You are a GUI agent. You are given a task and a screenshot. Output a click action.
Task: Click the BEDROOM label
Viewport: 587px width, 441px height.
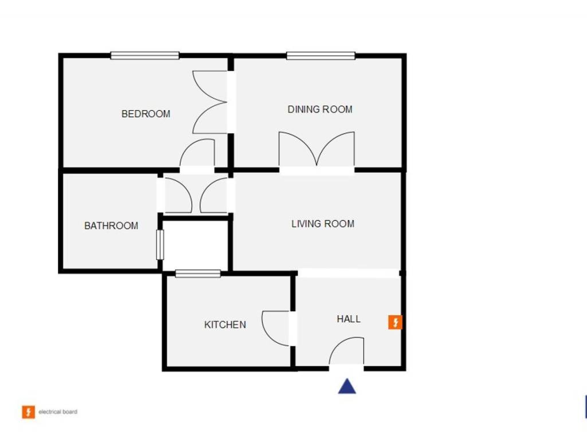tap(146, 114)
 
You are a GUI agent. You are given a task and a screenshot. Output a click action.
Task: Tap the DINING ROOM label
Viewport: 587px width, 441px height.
tap(320, 109)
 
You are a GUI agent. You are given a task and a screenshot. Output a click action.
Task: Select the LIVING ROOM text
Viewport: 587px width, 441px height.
tap(323, 223)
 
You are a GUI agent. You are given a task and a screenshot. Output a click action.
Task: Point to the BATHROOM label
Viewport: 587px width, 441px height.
tap(111, 226)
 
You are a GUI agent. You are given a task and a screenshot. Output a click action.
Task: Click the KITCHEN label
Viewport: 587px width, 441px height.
tap(225, 324)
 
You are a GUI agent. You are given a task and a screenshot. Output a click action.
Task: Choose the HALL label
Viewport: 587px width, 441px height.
tap(349, 319)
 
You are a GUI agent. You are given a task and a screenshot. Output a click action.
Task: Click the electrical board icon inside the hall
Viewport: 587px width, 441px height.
tap(395, 322)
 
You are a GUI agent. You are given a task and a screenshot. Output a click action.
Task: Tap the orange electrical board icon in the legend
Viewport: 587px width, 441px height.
tap(28, 412)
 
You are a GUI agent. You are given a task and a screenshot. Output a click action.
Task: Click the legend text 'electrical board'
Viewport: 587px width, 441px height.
tap(58, 412)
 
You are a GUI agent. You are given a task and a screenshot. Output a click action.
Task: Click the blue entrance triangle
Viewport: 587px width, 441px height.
tap(347, 386)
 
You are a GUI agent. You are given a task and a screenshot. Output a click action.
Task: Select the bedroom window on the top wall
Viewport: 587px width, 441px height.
tap(145, 56)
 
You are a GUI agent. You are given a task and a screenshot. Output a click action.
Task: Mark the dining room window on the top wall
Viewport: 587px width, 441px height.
tap(320, 56)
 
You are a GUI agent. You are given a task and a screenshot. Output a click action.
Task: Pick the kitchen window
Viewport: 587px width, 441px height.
tap(198, 274)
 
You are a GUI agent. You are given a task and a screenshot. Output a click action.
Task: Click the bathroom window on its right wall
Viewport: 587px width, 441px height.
tap(160, 244)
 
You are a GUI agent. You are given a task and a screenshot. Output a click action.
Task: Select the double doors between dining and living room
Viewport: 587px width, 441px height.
tap(316, 150)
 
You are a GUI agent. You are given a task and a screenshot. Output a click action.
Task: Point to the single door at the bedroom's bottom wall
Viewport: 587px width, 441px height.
tap(197, 154)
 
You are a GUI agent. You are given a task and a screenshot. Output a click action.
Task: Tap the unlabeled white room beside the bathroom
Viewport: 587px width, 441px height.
tap(196, 244)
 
